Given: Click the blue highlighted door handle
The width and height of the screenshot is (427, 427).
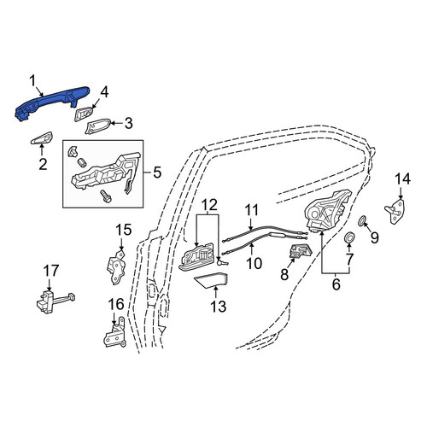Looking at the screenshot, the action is coord(51,102).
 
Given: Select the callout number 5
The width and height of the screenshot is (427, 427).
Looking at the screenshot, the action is coord(157,173).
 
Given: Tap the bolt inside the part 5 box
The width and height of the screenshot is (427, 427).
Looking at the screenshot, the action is coord(106,196).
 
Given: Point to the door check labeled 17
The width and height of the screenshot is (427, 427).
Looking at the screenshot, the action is coord(56,302).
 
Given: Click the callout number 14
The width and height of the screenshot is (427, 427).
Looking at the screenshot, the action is coord(402,179).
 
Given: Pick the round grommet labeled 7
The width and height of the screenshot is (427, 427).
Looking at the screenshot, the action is coord(349,237).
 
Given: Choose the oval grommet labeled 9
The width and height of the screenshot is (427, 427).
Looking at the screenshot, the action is coord(362,220).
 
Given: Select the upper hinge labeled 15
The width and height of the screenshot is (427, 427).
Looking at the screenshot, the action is coord(117,266).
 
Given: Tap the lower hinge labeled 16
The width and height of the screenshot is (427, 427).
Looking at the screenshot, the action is coord(114,333).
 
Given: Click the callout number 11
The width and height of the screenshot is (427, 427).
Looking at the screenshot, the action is coord(252,210).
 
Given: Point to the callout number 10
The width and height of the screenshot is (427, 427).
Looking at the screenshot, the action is coord(254,263).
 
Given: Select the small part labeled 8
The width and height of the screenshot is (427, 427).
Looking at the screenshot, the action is coord(301,250).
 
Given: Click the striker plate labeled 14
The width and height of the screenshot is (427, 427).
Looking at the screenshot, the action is coord(395,212).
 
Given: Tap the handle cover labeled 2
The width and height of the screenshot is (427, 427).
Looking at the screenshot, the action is coord(42,138).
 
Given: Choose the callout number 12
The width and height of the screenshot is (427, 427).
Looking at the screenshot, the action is coord(210,205).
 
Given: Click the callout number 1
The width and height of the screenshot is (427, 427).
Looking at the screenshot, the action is coord(32,81).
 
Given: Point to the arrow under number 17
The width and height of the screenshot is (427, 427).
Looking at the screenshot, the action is coord(50,284).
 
